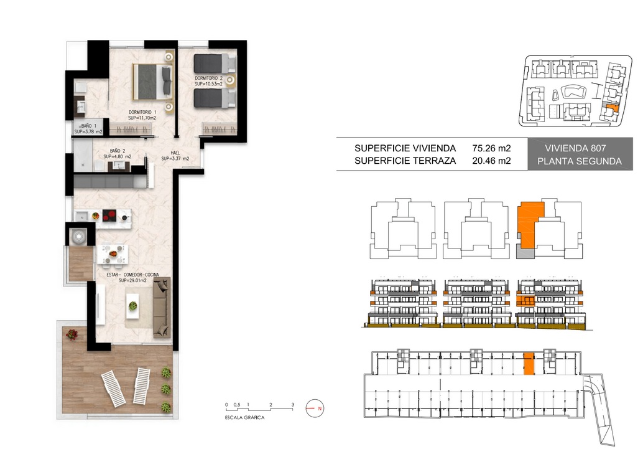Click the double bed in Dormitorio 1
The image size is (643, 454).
[x=152, y=82]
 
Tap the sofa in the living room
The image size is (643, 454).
[x=162, y=307]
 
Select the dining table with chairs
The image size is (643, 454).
[x=113, y=254]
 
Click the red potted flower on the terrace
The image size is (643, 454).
[x=72, y=334]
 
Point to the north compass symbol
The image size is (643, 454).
[x=315, y=409]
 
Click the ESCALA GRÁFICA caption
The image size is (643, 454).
[x=245, y=418]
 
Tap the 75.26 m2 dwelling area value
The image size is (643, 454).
[x=491, y=148]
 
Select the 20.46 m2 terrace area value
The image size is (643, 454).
[x=491, y=161]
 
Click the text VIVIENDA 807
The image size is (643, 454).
[x=575, y=148]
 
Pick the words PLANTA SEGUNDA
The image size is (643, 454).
[x=580, y=161]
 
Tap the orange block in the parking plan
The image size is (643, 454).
[x=529, y=364]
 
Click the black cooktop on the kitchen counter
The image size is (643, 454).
[x=109, y=215]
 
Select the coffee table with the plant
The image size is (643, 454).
[x=133, y=306]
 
